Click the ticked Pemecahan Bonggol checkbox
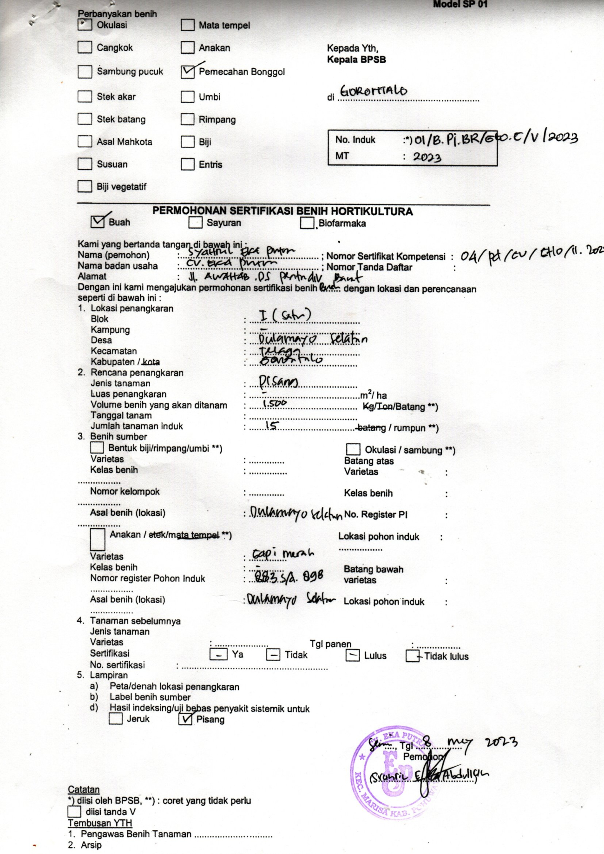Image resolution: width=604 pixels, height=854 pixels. click(x=188, y=72)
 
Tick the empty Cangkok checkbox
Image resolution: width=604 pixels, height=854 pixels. click(x=85, y=47)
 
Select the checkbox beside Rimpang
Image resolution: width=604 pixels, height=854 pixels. click(x=188, y=119)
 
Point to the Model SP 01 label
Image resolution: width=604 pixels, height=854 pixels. click(x=460, y=5)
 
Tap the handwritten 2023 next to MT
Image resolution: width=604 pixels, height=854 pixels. click(x=427, y=157)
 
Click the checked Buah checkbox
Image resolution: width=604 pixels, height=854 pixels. click(x=98, y=222)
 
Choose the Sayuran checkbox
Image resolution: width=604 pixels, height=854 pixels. click(x=196, y=223)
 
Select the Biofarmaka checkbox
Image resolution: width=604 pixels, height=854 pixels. click(x=307, y=223)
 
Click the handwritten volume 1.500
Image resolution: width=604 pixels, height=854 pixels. click(x=275, y=403)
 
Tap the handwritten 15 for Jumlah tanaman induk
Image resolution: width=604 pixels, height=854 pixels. click(x=271, y=425)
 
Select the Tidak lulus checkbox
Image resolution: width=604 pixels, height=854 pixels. click(x=413, y=656)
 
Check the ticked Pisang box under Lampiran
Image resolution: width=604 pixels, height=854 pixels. click(x=185, y=719)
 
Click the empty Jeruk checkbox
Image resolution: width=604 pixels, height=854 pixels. click(x=116, y=719)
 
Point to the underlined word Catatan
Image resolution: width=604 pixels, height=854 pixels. click(x=84, y=789)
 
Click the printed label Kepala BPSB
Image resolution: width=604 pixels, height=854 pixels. click(x=356, y=59)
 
